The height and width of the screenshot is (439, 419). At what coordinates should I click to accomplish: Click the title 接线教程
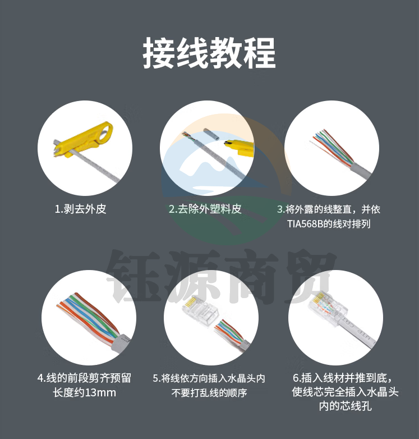[x=209, y=53]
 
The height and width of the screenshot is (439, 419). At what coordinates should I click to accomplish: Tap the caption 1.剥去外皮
[x=81, y=209]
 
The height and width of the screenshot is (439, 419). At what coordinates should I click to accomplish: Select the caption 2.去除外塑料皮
[x=205, y=209]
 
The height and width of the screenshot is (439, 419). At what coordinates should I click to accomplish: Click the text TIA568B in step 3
[x=305, y=224]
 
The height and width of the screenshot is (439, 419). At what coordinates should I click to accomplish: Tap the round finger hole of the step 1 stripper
[x=105, y=131]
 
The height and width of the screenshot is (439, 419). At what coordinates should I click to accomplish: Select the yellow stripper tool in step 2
[x=239, y=147]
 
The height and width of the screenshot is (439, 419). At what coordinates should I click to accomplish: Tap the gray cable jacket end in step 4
[x=121, y=342]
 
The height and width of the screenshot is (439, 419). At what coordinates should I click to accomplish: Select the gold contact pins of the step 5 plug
[x=191, y=302]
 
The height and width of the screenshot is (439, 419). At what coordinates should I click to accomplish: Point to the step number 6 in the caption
[x=296, y=378]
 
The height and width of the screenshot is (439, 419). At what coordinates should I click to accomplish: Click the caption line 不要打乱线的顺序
[x=209, y=393]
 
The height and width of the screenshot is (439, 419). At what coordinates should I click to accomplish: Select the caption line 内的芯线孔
[x=345, y=406]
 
